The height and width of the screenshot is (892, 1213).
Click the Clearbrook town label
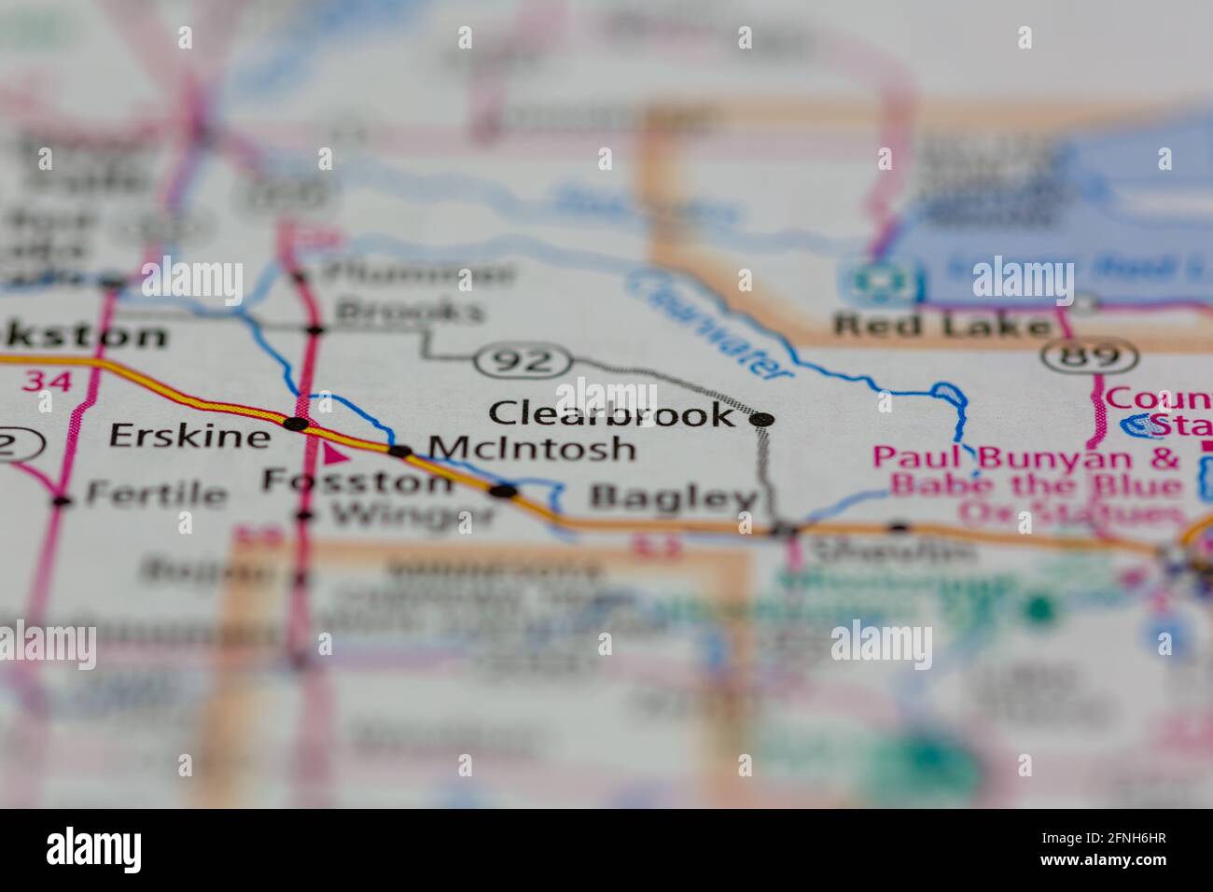[612, 413]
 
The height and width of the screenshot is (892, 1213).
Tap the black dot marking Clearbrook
[762, 420]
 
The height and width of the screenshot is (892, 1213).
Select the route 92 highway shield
[523, 360]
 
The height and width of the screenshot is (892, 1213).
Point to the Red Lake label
[942, 326]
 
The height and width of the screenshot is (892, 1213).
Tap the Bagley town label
[673, 498]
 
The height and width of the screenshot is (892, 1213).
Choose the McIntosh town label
[533, 449]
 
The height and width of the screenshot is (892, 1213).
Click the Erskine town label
[189, 435]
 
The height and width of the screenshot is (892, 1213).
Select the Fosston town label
[357, 481]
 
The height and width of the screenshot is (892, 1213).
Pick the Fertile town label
[156, 495]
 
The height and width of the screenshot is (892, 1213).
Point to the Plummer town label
[417, 274]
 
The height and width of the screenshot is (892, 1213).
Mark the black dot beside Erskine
[296, 425]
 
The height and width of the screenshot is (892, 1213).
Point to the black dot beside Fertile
[62, 501]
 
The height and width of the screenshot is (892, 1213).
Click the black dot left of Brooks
[315, 328]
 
